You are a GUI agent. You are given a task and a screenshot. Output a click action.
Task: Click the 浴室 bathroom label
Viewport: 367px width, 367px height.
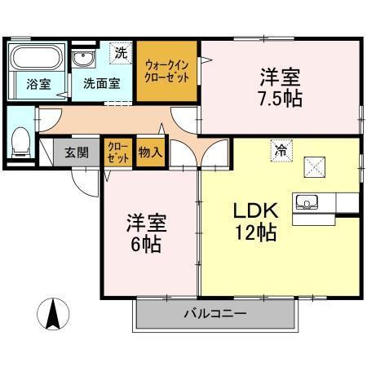click(38, 82)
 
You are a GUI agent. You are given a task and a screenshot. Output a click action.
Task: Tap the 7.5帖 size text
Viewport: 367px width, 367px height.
click(280, 99)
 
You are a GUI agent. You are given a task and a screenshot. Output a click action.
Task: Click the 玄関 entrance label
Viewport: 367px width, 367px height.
click(77, 152)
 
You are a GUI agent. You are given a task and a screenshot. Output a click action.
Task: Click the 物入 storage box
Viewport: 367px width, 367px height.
click(148, 152)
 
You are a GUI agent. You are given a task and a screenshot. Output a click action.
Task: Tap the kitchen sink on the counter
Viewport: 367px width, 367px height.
click(309, 201)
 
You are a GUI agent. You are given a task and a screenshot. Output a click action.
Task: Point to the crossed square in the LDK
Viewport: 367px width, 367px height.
click(316, 166)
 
